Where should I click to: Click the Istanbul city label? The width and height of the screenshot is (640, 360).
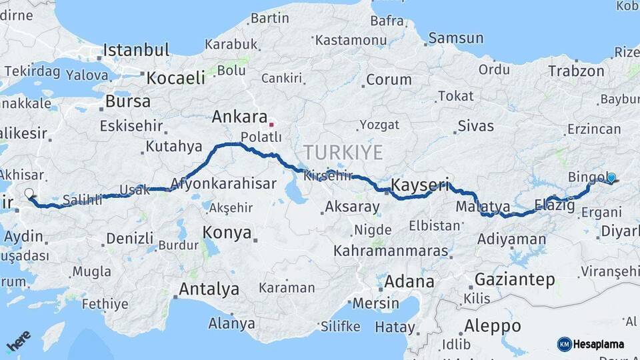137,50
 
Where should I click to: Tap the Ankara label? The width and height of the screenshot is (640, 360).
239,117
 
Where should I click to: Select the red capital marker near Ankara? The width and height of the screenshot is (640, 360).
271,124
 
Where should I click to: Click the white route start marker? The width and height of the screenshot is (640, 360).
29,194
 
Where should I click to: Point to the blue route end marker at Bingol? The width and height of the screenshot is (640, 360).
611,178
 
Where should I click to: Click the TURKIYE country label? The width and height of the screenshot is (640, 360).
343,153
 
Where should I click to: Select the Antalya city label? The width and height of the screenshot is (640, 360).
209,289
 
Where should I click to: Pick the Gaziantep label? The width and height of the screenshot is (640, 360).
514,280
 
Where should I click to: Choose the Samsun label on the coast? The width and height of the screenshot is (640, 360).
455,38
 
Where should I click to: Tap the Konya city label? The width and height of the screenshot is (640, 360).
227,233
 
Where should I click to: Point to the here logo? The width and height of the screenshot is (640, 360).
18,341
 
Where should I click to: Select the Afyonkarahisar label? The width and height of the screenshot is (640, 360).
223,183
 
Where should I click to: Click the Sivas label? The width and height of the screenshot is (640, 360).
476,125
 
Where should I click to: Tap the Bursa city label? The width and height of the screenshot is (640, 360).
128,102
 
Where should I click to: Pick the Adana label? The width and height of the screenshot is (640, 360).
409,281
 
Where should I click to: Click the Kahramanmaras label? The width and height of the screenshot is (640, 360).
391,251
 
